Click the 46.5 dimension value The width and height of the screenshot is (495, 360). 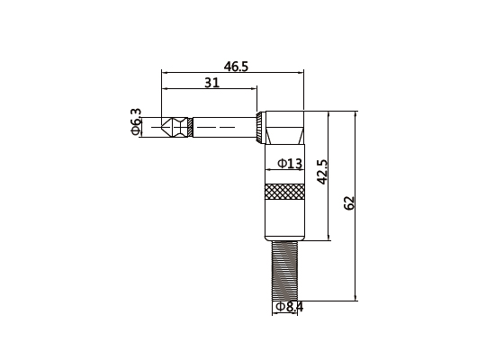click(236, 66)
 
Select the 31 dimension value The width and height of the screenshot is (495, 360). click(211, 83)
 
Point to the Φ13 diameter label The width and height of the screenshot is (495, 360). click(288, 164)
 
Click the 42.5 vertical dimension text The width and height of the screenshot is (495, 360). click(323, 171)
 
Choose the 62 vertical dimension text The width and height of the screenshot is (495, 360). click(350, 204)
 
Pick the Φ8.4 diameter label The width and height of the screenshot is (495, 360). click(289, 307)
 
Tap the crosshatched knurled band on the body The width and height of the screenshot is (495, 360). click(284, 192)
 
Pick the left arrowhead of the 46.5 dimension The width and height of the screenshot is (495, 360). click(165, 72)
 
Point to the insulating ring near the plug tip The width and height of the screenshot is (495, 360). click(190, 126)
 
